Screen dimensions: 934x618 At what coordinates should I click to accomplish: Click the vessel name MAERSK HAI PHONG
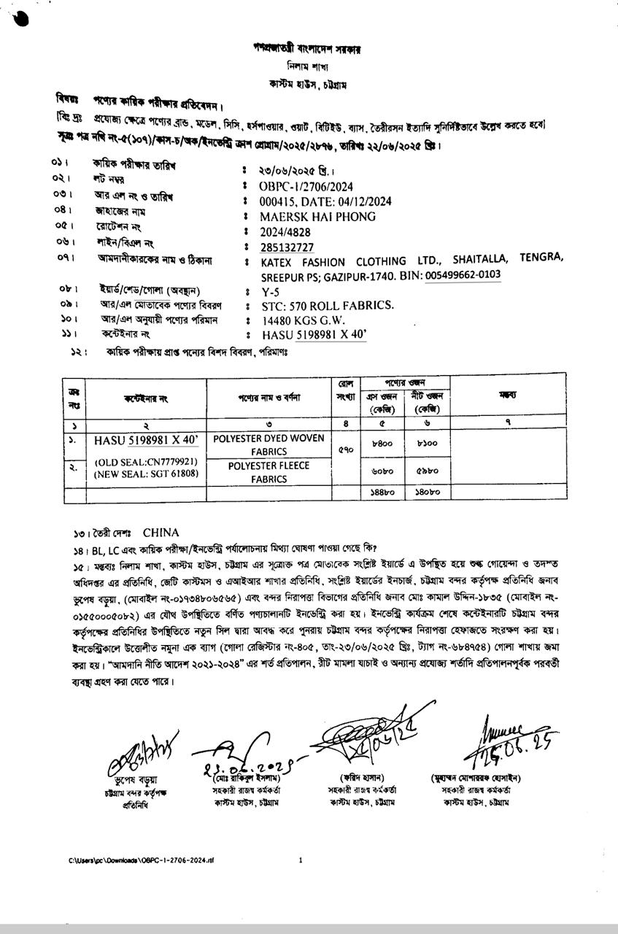[317, 217]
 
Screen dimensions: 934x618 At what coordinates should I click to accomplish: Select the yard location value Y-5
[271, 291]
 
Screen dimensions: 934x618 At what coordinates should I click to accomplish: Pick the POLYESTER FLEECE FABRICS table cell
[269, 472]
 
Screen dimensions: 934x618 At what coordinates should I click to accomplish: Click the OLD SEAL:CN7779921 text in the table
[147, 462]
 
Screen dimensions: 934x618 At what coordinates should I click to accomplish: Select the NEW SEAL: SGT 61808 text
[147, 474]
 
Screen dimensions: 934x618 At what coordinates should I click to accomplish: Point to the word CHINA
[161, 533]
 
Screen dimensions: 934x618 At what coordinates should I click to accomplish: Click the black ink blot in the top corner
[20, 18]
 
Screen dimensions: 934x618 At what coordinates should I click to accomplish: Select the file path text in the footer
[142, 861]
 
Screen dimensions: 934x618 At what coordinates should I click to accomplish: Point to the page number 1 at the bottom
[301, 860]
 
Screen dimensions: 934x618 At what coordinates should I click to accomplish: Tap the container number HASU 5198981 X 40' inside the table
[146, 440]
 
